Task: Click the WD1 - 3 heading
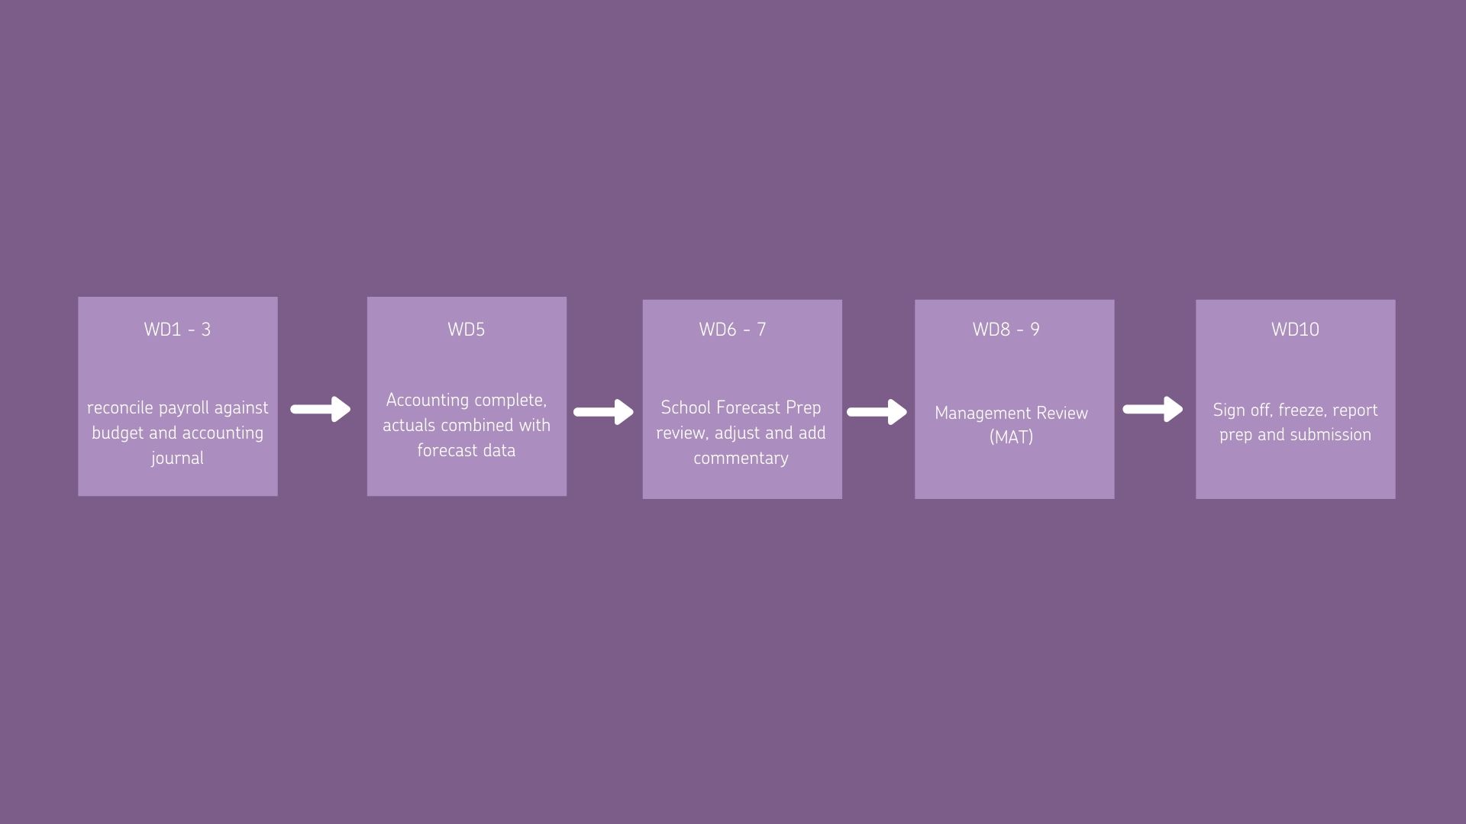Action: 177,330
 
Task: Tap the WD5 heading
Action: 467,330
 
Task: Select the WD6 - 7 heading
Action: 732,330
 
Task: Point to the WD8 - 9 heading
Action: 1006,330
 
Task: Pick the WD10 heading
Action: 1295,330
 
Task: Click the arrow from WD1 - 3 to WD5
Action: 321,409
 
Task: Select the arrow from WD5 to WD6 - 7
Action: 603,412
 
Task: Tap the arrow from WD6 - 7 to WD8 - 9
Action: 877,412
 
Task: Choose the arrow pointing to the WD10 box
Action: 1153,409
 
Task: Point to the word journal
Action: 177,459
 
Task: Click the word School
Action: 686,408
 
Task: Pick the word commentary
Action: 741,459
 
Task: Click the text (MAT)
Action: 1011,437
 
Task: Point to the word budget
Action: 116,433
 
